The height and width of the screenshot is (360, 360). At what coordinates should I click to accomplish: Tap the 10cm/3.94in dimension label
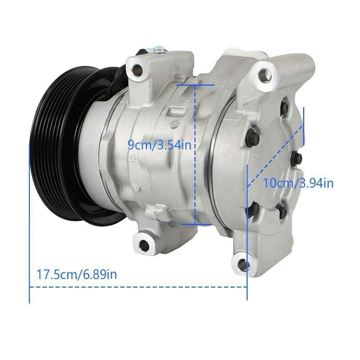coord(298,182)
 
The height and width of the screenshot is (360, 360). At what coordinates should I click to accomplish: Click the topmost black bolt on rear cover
coord(284,110)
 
